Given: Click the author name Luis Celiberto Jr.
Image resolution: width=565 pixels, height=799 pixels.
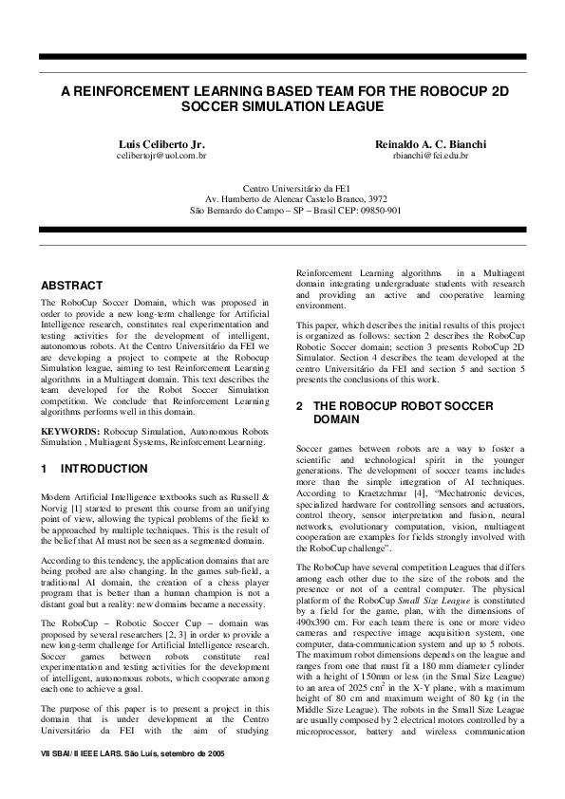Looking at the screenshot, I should (x=160, y=143).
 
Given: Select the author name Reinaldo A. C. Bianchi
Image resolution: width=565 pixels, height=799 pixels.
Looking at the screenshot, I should (x=430, y=143).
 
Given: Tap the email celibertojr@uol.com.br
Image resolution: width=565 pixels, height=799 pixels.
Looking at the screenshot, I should (x=161, y=154).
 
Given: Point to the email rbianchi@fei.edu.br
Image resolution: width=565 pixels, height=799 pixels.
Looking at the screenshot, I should (x=430, y=154).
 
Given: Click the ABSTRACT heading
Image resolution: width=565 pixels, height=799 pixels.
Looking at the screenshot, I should (x=71, y=286).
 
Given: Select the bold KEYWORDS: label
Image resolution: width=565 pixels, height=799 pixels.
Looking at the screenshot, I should (x=71, y=432).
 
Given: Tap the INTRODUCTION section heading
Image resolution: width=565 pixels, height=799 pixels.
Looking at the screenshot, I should (x=104, y=469).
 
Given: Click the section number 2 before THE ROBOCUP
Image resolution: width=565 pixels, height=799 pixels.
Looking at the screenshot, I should (x=299, y=406).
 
